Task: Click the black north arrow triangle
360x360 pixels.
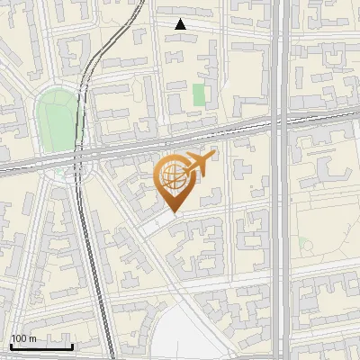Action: tap(181, 24)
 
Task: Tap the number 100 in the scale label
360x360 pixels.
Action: tap(19, 338)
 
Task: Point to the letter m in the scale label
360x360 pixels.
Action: tap(31, 338)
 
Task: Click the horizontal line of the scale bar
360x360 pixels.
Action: tap(40, 346)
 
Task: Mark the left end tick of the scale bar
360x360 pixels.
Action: tap(10, 345)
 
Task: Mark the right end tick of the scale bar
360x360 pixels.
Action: tap(72, 345)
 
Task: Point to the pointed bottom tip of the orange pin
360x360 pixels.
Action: tap(173, 213)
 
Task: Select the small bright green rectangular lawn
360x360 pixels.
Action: tap(199, 94)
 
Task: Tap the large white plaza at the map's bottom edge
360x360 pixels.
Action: tap(189, 337)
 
